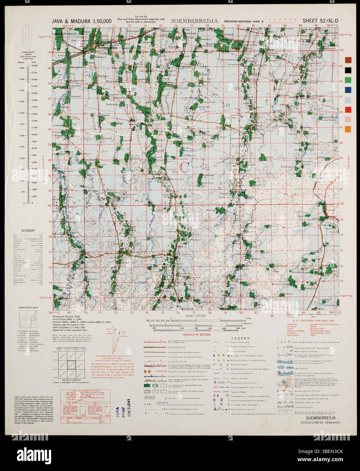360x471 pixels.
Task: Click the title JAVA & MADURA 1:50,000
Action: tap(82, 21)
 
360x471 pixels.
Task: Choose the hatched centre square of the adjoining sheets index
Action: tap(69, 366)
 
